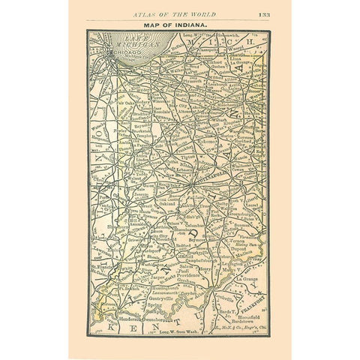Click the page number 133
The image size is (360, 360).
pos(264,14)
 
